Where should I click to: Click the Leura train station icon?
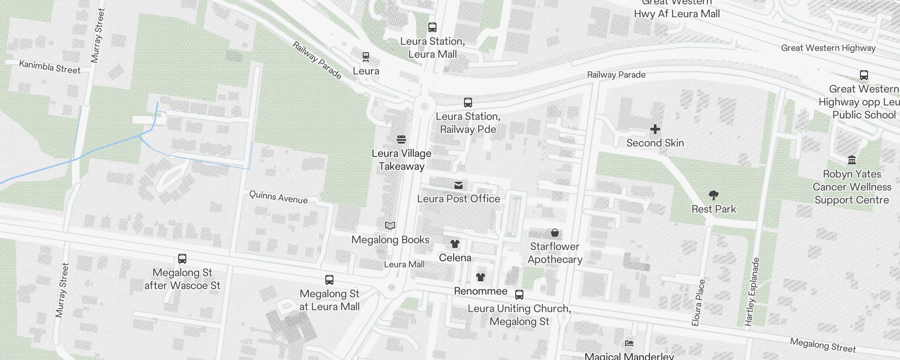(366, 57)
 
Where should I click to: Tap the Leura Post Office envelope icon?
(459, 185)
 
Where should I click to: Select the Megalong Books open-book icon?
(390, 226)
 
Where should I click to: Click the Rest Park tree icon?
(713, 195)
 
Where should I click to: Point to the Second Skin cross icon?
(655, 130)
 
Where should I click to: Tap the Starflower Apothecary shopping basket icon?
(555, 233)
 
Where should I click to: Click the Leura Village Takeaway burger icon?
(401, 139)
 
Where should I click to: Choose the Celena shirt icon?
(455, 244)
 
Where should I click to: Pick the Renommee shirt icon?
(481, 277)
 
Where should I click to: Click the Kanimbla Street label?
(49, 67)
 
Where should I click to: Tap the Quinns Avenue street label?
(279, 197)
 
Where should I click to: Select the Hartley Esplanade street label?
(752, 292)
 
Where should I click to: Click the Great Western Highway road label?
(828, 48)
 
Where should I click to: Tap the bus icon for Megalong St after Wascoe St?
(182, 259)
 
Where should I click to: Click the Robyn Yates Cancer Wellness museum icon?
(851, 160)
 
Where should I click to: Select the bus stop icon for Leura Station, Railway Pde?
(468, 103)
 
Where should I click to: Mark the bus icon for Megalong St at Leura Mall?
(329, 280)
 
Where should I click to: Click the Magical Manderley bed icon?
(629, 343)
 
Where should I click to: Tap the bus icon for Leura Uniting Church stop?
(519, 295)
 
